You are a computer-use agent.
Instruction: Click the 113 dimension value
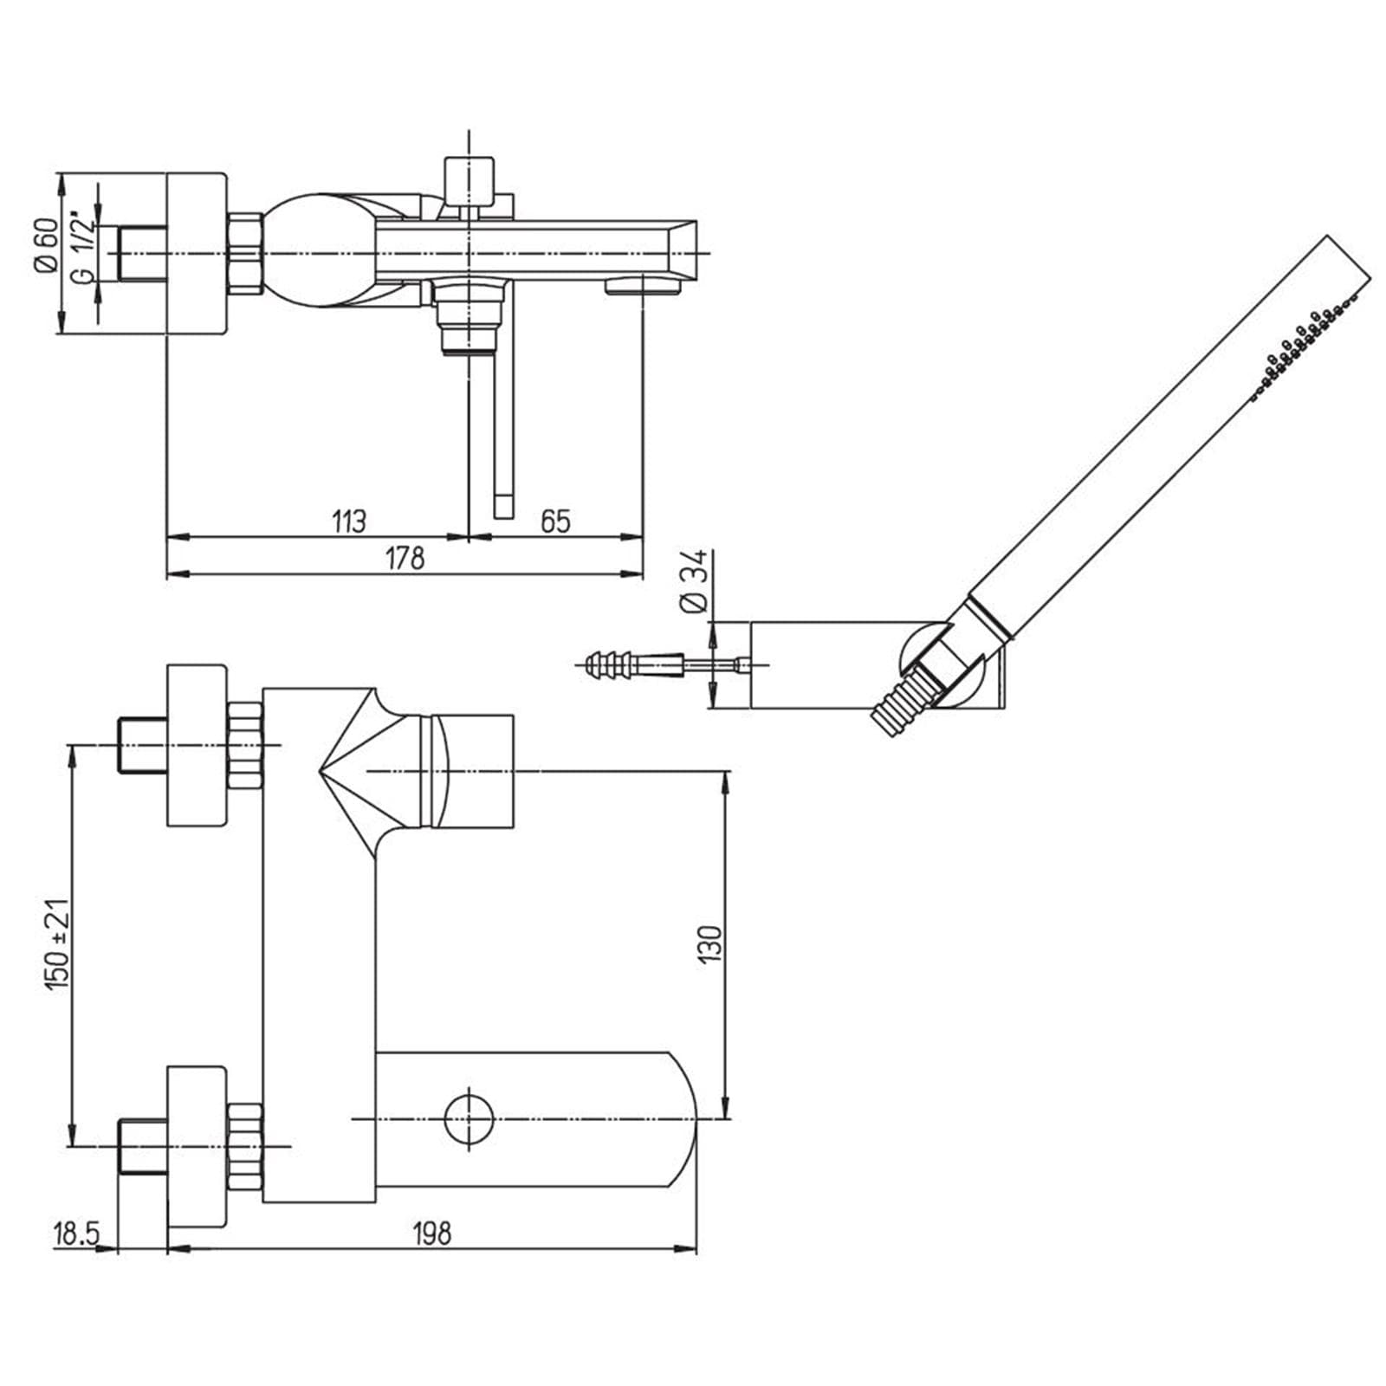coord(349,521)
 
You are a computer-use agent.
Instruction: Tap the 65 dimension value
coord(555,521)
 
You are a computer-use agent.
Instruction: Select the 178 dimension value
coord(405,558)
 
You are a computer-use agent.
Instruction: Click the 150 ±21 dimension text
coord(58,943)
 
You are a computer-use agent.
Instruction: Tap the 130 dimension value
coord(709,943)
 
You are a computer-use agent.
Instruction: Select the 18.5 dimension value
coord(76,1233)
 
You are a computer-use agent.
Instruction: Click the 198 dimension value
coord(431,1233)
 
